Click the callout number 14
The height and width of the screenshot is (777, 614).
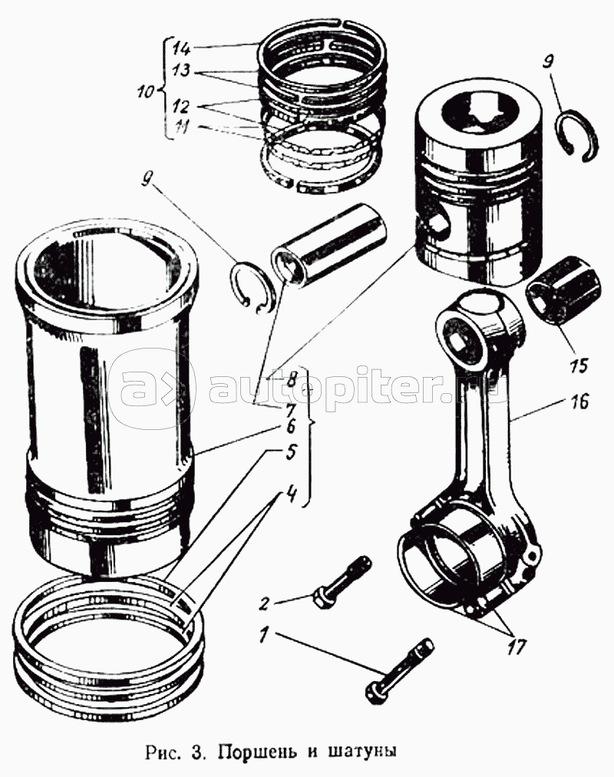(x=182, y=48)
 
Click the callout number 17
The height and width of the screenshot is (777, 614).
(x=516, y=646)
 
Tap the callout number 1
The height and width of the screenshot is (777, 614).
(x=265, y=636)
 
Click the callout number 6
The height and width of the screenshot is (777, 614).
(x=289, y=427)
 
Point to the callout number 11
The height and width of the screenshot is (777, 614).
(x=182, y=128)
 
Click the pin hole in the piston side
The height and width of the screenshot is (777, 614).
(x=437, y=223)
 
